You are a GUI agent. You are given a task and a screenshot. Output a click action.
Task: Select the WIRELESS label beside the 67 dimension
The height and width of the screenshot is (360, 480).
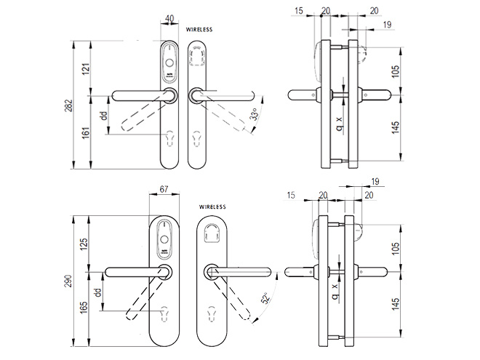[211, 207]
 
